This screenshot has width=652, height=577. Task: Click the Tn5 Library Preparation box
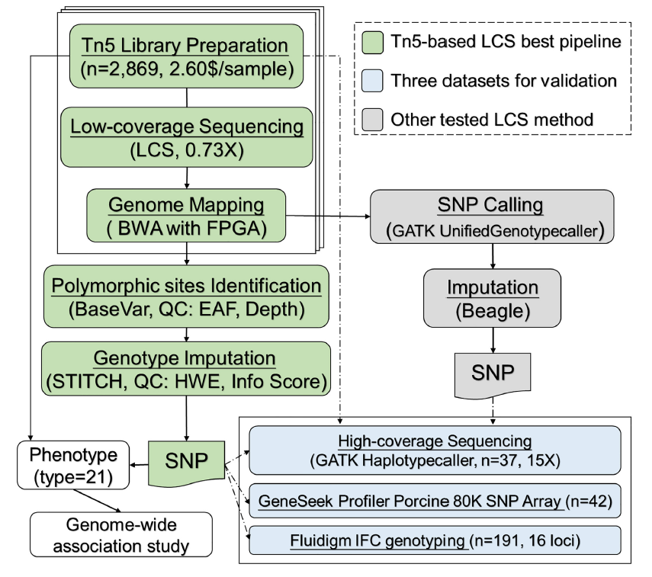tap(186, 56)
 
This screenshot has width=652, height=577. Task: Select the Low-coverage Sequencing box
tap(186, 136)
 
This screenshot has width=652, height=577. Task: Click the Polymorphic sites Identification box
tap(186, 297)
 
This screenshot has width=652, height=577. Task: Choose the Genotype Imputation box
tap(186, 368)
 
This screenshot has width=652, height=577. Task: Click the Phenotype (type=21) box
tap(72, 466)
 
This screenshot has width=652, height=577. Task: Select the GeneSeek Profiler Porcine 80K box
tap(435, 501)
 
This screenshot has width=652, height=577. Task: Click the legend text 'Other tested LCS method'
tap(492, 119)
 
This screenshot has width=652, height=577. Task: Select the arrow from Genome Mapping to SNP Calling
tap(328, 217)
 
